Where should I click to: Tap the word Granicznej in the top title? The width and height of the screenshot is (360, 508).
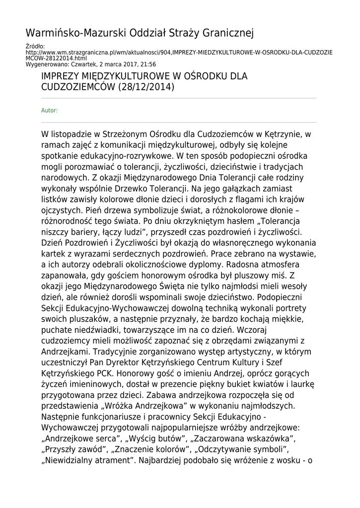[x=229, y=33]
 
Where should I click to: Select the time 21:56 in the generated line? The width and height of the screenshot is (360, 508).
[x=149, y=64]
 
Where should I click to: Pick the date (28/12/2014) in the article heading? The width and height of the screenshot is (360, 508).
[x=146, y=87]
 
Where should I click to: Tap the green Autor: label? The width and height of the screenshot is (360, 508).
[x=49, y=110]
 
